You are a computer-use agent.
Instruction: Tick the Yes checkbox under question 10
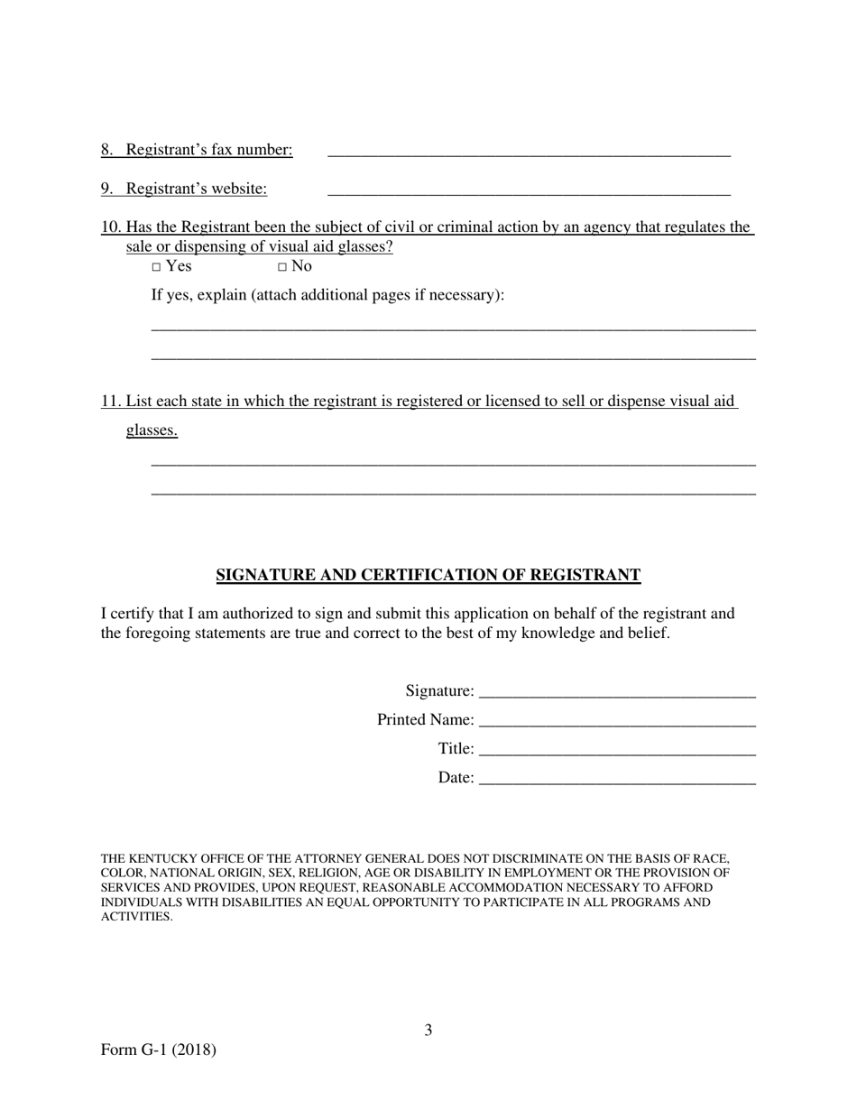(156, 267)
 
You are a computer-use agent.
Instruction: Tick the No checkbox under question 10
(282, 267)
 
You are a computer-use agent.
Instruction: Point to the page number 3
(428, 1030)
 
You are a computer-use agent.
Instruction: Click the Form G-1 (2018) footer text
(159, 1050)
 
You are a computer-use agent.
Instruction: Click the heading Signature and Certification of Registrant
(428, 575)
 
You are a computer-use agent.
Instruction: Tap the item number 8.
(106, 150)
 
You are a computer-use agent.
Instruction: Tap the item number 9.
(106, 189)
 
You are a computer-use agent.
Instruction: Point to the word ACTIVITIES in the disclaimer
(136, 917)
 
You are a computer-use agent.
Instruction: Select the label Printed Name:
(425, 720)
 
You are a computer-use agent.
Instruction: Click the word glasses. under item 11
(152, 430)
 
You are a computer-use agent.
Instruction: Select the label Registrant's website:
(197, 189)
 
